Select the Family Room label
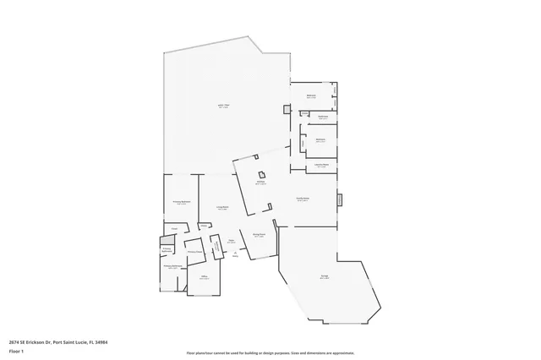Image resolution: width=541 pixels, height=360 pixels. [x=302, y=199]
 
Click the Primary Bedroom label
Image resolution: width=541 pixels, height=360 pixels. [x=181, y=202]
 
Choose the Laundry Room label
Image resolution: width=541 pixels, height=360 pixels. [x=321, y=166]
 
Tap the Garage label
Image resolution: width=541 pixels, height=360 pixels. [x=325, y=276]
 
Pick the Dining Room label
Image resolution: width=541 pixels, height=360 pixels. [x=260, y=235]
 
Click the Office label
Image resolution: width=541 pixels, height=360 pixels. [x=204, y=276]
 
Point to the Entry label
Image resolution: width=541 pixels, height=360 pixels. [x=235, y=257]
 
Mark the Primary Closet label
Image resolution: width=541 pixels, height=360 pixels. [x=194, y=251]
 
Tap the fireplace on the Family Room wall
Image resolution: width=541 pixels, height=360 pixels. [x=340, y=200]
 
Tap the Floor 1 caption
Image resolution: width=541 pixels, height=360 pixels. [x=16, y=351]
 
